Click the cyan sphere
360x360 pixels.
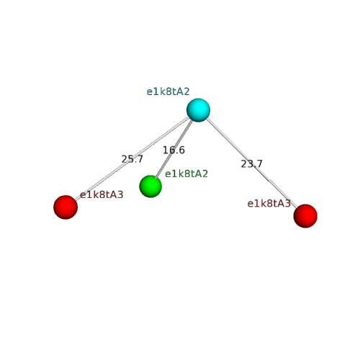[x=198, y=110]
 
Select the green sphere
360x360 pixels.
[x=150, y=186]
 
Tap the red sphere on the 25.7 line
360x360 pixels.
[x=66, y=207]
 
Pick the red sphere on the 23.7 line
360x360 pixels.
[x=305, y=216]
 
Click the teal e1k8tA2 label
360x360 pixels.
[x=168, y=91]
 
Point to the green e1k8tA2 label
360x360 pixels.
[x=186, y=174]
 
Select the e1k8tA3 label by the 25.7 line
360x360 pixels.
[x=102, y=194]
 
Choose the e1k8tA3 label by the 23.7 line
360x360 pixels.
[x=269, y=204]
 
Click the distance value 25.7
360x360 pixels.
[x=132, y=159]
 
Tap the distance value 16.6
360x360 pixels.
[x=174, y=150]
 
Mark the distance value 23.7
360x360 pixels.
[x=251, y=164]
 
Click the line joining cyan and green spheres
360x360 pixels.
[x=174, y=149]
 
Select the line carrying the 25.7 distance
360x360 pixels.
[x=132, y=158]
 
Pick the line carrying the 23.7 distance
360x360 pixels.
[x=251, y=163]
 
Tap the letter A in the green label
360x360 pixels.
[x=199, y=174]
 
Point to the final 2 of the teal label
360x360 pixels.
[x=186, y=91]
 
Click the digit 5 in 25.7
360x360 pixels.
[x=130, y=159]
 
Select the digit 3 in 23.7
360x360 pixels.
[x=249, y=164]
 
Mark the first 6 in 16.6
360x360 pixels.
[x=171, y=150]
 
